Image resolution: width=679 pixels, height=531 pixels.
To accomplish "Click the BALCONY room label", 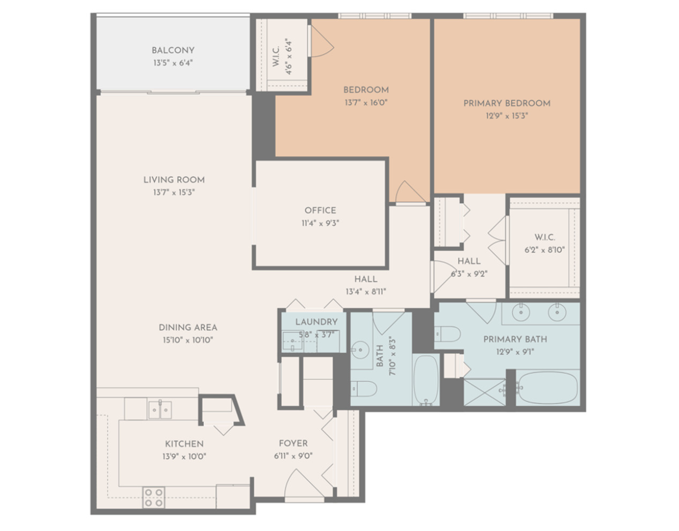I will pos(172,50).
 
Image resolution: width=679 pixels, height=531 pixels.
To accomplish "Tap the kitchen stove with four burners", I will pos(154,497).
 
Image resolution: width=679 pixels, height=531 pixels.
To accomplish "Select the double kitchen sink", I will pos(160,410).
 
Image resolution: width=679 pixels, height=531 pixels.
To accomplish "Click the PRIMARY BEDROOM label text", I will pos(507,103).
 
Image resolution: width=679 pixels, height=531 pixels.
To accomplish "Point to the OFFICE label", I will pos(320,210).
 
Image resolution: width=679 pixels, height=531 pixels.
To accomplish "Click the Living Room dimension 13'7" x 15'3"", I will pos(173,192).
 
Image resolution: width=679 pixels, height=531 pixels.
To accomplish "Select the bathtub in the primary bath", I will pos(548,388).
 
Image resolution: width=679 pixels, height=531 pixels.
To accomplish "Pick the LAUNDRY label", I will pos(316,322).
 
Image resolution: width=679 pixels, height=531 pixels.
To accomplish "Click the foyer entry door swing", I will pos(297,484).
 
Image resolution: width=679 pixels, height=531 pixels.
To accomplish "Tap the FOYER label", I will pos(293,443).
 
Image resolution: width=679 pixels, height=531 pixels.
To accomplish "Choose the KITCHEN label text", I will pos(184,444).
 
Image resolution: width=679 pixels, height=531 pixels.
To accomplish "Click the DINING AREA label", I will pos(187,327).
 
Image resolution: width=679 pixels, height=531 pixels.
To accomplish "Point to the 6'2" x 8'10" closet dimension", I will pos(544,249).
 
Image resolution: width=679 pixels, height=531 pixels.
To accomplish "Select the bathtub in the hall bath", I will pos(426,380).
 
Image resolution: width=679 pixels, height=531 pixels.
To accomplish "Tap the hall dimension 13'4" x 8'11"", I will pos(365,292).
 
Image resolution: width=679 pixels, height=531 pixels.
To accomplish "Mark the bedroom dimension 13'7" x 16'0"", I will pos(366,102).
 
